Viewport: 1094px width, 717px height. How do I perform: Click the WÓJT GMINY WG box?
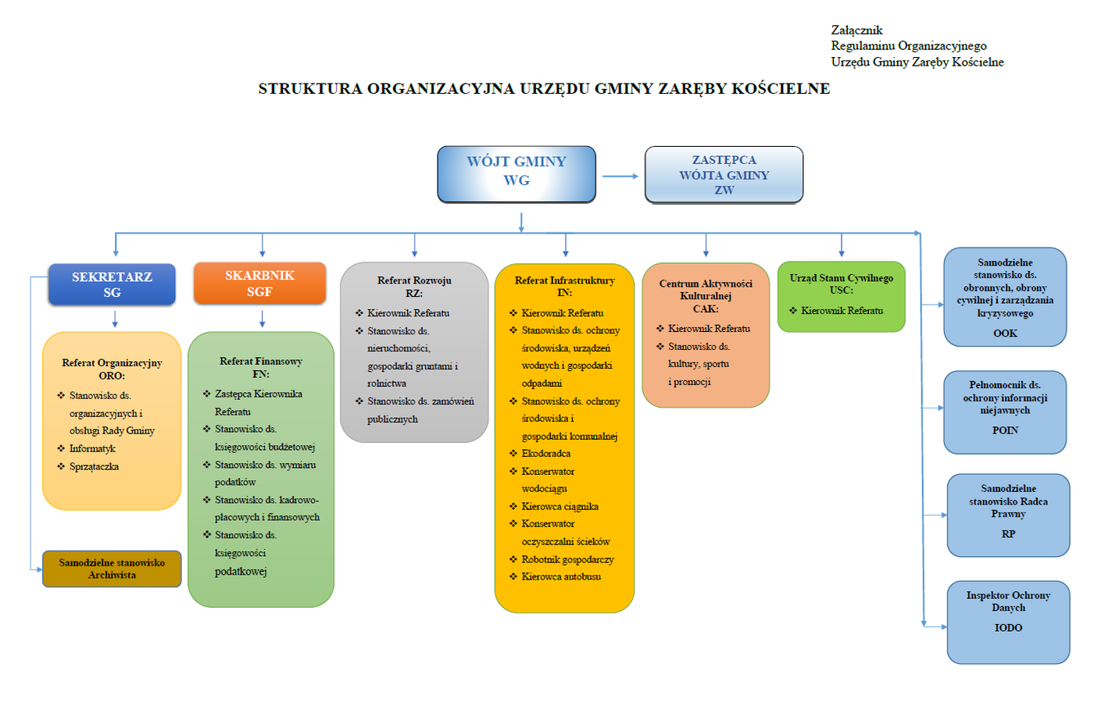(517, 173)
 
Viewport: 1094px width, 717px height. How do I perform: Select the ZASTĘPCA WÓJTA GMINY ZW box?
(724, 174)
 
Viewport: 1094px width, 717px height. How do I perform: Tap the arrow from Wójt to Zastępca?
(620, 177)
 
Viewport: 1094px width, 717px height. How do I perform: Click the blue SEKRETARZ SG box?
(112, 284)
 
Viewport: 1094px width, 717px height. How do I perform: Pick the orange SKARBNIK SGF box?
(259, 283)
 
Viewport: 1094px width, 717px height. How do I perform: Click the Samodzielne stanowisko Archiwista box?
(112, 569)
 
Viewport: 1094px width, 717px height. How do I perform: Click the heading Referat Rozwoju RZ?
(414, 287)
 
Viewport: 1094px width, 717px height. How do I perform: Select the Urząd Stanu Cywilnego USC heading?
(841, 284)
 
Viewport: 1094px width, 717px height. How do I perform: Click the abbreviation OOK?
(1005, 334)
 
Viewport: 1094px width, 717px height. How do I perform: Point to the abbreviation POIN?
(1005, 430)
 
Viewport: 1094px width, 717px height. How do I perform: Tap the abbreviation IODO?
(1008, 628)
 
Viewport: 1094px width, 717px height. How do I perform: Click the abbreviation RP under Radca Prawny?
(1008, 534)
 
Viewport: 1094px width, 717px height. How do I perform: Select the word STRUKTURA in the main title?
(310, 88)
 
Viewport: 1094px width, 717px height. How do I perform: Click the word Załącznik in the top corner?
(856, 30)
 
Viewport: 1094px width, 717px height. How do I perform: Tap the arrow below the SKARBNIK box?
(263, 319)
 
